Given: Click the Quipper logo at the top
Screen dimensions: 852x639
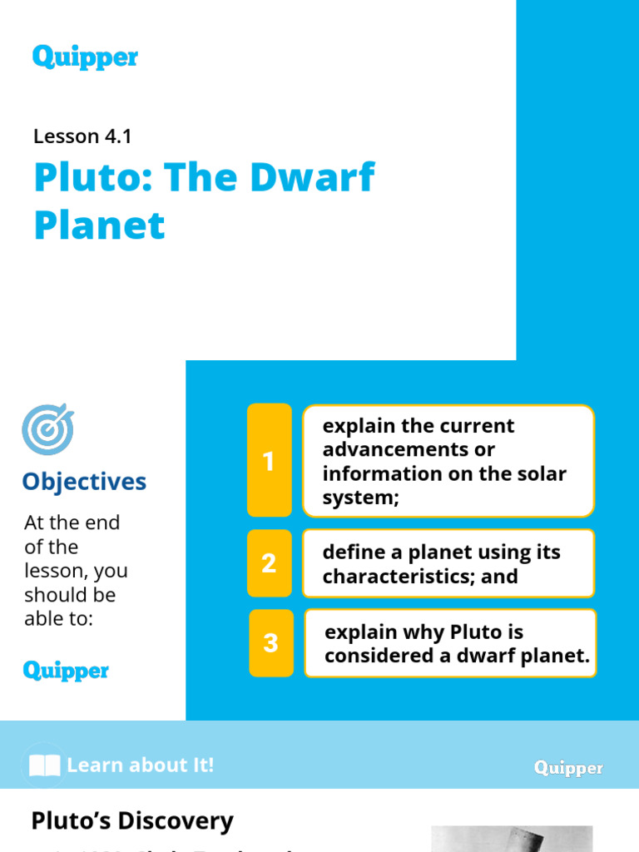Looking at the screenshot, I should coord(85,57).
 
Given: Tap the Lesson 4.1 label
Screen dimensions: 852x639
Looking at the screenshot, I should coord(82,136).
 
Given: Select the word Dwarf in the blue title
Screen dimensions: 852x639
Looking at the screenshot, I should coord(325,177).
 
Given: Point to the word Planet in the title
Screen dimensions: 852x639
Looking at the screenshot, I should coord(99,225).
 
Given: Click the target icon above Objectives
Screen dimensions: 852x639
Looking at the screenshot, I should coord(47,429).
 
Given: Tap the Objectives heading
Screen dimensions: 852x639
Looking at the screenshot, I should coord(84,482).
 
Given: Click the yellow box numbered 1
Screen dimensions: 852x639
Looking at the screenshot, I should coord(269,461).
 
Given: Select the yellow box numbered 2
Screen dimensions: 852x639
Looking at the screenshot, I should coord(269,563).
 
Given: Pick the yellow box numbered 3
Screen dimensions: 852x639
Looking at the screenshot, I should coord(270,643).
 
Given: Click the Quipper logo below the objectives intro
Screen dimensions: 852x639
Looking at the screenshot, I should coord(66,671).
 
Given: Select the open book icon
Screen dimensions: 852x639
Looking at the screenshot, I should coord(44,765).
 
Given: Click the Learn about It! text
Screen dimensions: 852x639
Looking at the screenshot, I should coord(140,765).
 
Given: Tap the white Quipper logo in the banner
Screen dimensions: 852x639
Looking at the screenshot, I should coord(568,768).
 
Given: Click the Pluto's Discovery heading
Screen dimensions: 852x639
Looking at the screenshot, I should coord(132,821).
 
